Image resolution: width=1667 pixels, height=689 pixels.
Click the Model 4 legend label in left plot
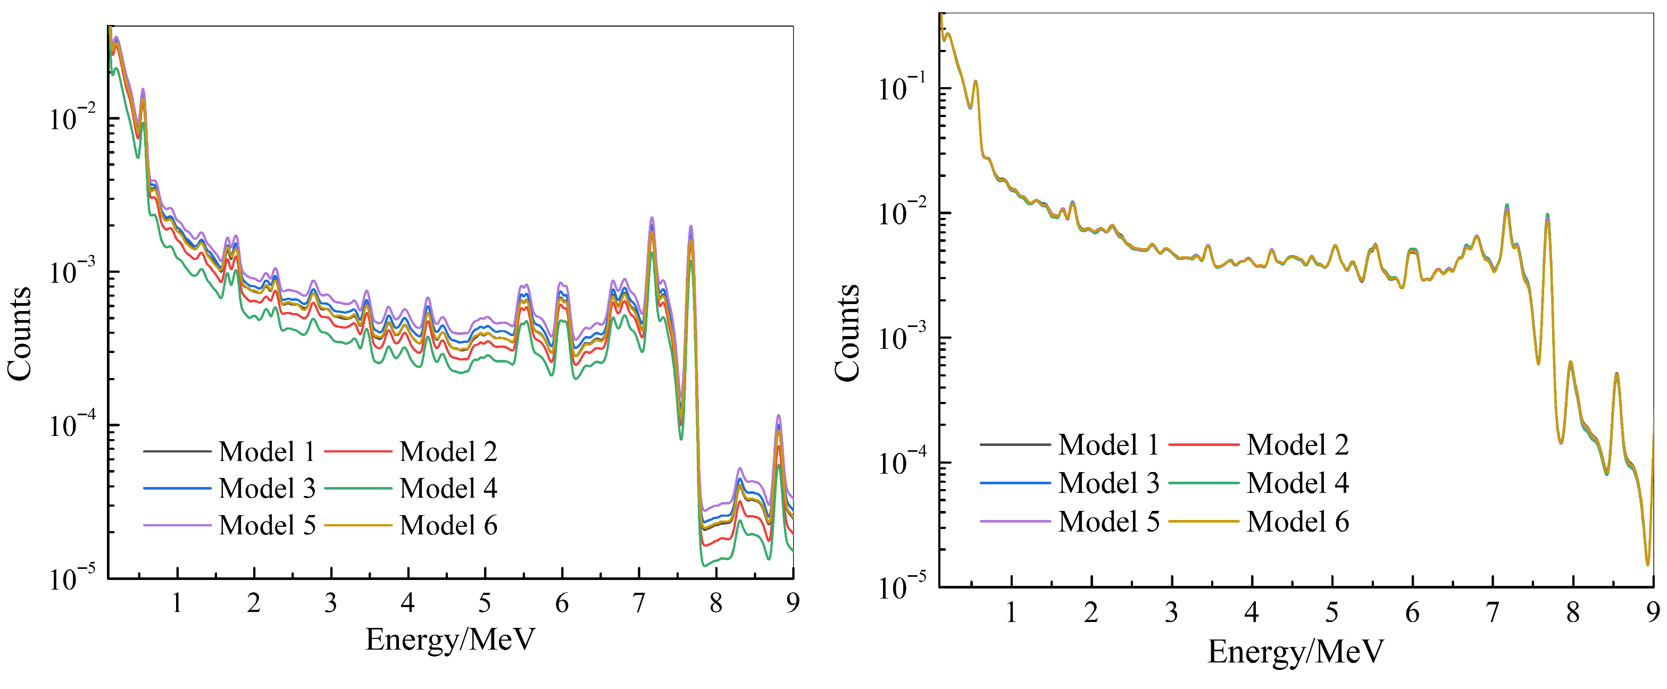tap(448, 489)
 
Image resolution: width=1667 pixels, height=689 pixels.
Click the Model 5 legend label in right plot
tap(1108, 522)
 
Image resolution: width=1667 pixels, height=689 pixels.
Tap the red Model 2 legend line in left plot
tap(357, 451)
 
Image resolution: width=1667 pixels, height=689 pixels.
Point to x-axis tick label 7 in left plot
tap(639, 603)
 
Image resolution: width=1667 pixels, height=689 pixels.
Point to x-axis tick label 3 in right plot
tap(1171, 612)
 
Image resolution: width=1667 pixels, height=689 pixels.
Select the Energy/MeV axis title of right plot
tap(1296, 651)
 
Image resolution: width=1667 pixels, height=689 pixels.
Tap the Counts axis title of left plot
tap(19, 333)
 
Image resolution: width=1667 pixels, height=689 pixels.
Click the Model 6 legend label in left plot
tap(448, 525)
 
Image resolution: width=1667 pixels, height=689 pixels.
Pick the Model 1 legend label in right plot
tap(1108, 445)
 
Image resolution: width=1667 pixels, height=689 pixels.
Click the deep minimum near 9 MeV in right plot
tap(1648, 564)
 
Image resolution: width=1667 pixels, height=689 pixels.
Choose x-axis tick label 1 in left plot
tap(177, 603)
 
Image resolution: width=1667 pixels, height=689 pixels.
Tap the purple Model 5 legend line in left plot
tap(177, 525)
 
